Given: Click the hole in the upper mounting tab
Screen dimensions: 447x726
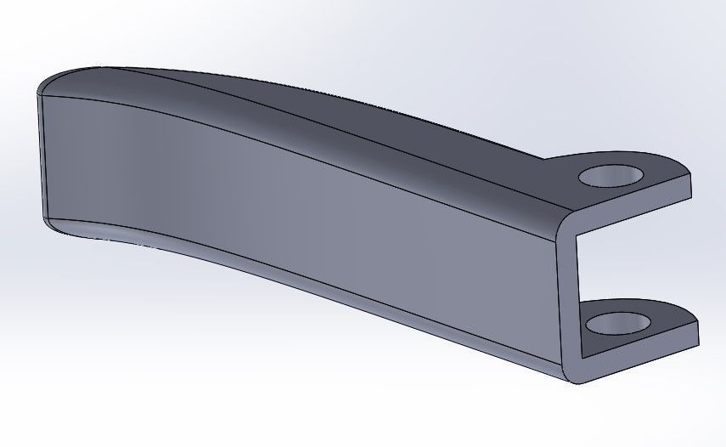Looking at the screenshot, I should (x=610, y=176).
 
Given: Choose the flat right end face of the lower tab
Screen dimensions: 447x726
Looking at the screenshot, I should (x=698, y=333).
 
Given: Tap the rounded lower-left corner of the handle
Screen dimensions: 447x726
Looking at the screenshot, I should (x=53, y=223).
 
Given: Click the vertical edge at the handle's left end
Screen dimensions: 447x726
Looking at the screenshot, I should (x=40, y=153).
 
